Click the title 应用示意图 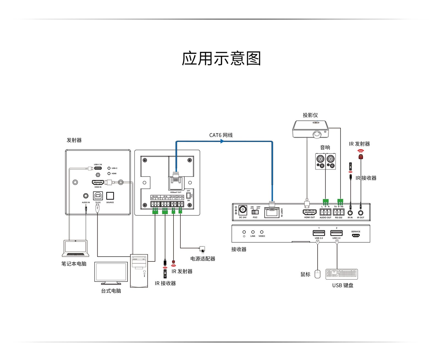[221, 58]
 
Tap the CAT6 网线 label [221, 135]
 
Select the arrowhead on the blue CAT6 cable [222, 141]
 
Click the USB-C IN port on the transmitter [98, 168]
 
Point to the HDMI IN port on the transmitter [98, 182]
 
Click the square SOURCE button [110, 196]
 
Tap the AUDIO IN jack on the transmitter [86, 196]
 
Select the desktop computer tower [139, 271]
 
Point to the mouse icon [317, 274]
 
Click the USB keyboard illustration [342, 274]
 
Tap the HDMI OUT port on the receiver [309, 212]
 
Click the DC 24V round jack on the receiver [243, 210]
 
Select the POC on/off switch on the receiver [255, 212]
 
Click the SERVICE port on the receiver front [356, 235]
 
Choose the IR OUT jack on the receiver [361, 213]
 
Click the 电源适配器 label [203, 259]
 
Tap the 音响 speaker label [325, 148]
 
